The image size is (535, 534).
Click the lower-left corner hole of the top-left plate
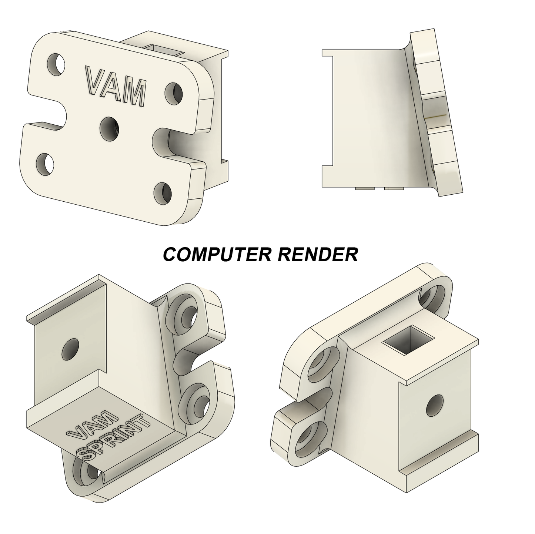click(x=45, y=164)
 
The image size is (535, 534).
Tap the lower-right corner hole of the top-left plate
click(x=163, y=193)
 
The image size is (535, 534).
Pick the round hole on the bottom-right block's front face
click(x=435, y=405)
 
